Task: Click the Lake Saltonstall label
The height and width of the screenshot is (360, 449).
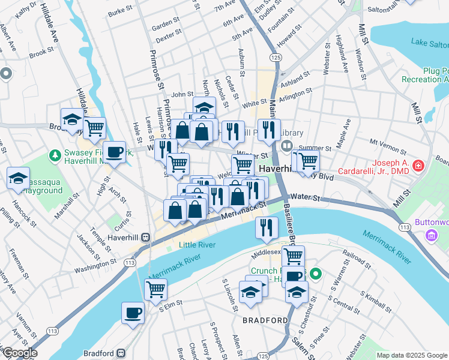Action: pos(429,42)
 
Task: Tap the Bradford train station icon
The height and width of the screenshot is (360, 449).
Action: pos(121,353)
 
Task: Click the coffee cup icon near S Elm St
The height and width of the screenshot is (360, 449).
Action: pos(133,312)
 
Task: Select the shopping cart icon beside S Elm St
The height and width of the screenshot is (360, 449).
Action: pos(155,289)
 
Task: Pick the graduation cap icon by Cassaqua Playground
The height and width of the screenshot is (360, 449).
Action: pos(18,178)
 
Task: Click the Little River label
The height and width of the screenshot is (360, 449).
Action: pos(195,245)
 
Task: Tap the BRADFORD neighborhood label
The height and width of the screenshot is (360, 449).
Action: pos(265,320)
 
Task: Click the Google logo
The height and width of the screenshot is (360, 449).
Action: pos(19,353)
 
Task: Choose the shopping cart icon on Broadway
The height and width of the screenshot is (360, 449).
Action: pos(94,127)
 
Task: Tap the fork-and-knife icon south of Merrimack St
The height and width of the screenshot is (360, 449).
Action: pos(266,227)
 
